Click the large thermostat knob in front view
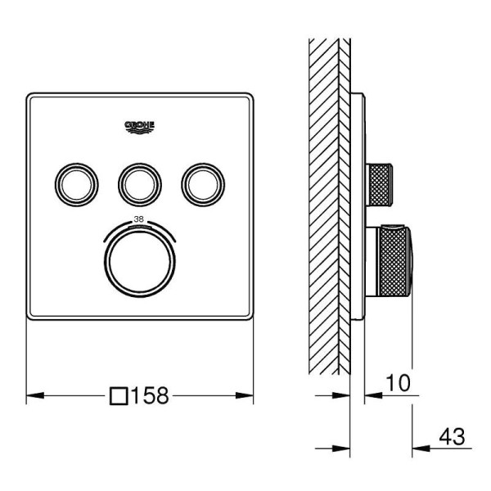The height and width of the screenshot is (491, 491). coord(139,260)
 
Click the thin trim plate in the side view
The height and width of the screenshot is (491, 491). coord(357,205)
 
